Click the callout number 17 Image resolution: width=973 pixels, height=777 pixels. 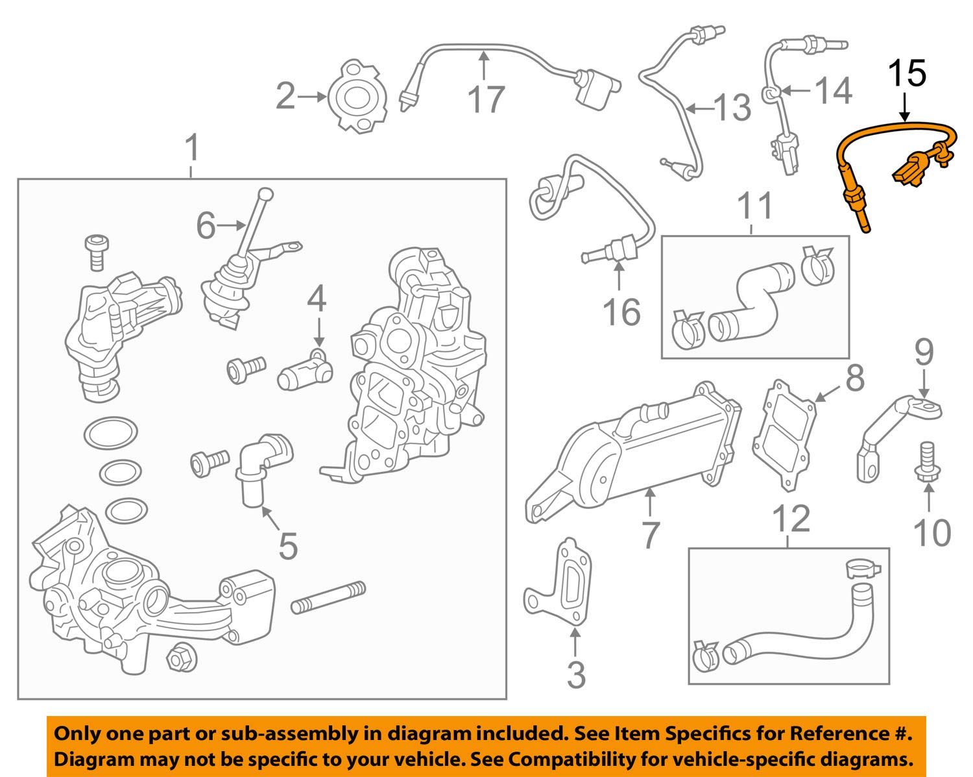pos(486,99)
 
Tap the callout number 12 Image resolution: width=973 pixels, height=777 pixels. pos(792,519)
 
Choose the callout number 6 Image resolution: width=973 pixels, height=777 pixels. pos(206,225)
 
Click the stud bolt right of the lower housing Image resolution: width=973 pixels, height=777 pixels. pos(328,598)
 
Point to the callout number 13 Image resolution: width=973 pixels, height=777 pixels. pos(732,108)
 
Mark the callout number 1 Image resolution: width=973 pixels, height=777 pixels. pos(192,149)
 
